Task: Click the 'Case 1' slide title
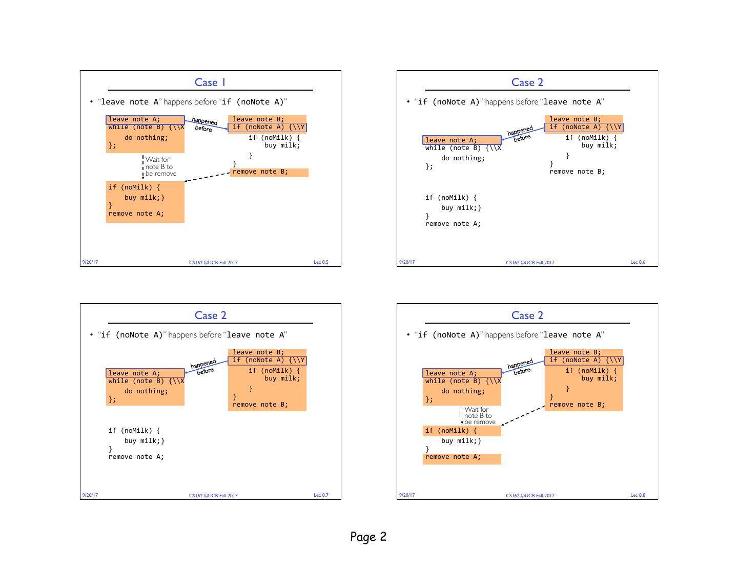[210, 82]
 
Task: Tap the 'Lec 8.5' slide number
[321, 262]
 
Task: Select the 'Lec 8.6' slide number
[638, 262]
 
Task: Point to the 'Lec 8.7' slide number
[321, 495]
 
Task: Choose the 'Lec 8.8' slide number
[638, 495]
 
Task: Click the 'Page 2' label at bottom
[368, 537]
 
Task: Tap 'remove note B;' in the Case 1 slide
[260, 172]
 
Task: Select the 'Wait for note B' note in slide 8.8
[479, 415]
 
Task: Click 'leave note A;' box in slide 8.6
[462, 140]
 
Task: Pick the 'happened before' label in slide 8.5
[204, 124]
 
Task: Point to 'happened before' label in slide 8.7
[203, 367]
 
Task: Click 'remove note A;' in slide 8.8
[453, 457]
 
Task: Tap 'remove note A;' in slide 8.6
[453, 224]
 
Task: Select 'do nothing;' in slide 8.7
[146, 391]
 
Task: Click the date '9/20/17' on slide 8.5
[90, 262]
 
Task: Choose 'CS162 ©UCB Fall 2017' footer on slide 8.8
[530, 495]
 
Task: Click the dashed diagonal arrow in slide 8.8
[523, 415]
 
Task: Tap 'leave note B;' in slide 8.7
[258, 352]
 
